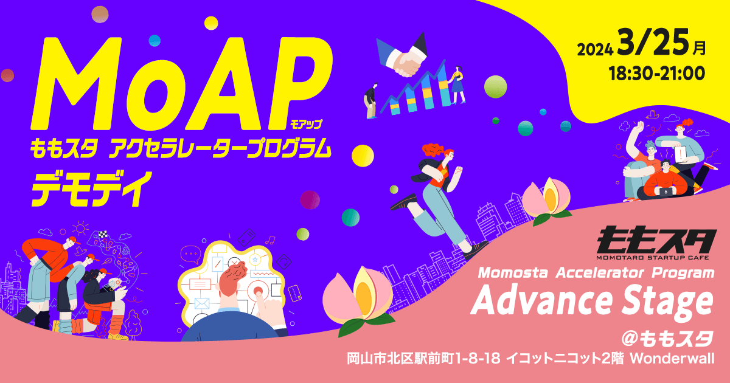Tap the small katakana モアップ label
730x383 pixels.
click(306, 124)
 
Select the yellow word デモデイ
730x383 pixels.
click(92, 189)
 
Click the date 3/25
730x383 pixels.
click(653, 42)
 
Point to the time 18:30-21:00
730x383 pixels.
click(656, 74)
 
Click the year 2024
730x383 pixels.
click(595, 50)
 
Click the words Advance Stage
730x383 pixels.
click(592, 302)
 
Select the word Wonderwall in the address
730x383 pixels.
click(672, 359)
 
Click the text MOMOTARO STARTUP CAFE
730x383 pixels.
click(653, 258)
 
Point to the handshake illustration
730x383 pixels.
click(402, 55)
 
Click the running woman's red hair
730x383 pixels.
click(436, 151)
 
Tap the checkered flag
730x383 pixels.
click(103, 234)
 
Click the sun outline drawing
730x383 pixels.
click(80, 228)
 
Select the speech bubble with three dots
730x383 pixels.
click(190, 254)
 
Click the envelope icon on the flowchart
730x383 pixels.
click(202, 303)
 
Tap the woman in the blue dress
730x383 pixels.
click(457, 85)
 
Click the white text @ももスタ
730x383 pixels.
click(668, 339)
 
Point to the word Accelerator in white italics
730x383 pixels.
click(600, 272)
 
